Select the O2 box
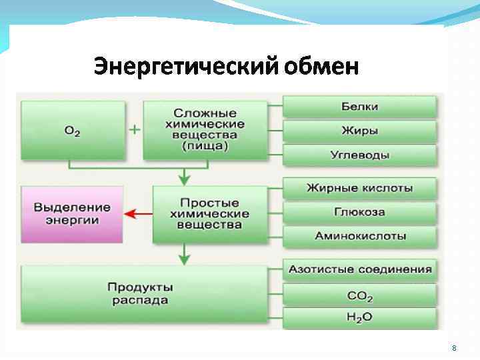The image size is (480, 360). [73, 130]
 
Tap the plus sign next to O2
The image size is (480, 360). [134, 129]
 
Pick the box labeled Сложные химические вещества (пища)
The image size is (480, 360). [209, 130]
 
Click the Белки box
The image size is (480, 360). [360, 107]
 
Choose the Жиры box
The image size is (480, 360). [360, 131]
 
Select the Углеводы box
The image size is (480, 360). [360, 155]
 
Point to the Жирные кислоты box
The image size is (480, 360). [360, 188]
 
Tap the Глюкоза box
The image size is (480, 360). [360, 212]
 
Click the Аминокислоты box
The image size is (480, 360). [360, 236]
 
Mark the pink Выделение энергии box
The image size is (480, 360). [72, 213]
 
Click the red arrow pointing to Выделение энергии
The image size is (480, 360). [138, 213]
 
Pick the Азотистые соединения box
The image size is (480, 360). [360, 270]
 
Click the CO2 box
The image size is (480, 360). [360, 295]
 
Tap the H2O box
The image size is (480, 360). [360, 317]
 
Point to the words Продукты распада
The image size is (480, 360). [141, 293]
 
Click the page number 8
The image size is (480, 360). [454, 349]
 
